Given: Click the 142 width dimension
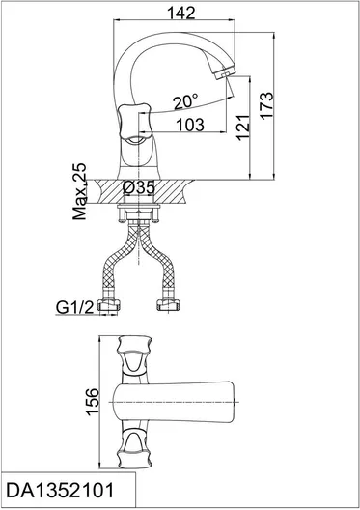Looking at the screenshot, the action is click(181, 13).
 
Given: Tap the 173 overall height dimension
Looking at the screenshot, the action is click(266, 105).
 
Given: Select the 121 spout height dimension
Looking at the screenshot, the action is click(243, 127).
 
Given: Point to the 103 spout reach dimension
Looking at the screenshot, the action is click(190, 125).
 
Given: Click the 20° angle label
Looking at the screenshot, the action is click(185, 101).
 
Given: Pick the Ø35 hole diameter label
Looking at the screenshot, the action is click(139, 187).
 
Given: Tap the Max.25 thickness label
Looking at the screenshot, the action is click(79, 191).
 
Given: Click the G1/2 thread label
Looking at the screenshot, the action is click(74, 307).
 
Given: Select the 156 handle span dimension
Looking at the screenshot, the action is click(93, 401).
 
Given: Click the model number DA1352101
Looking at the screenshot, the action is click(61, 491).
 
